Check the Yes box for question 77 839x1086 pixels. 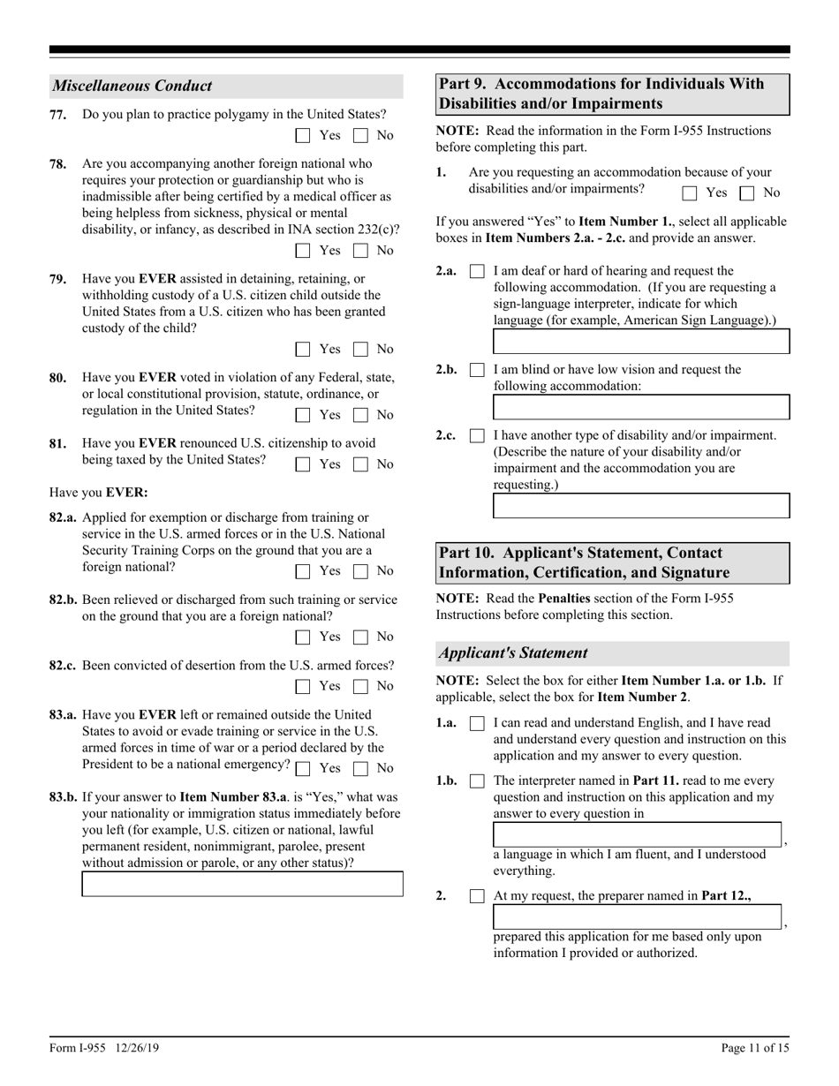tap(303, 136)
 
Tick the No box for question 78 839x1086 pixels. tap(360, 251)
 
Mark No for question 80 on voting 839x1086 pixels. tap(360, 415)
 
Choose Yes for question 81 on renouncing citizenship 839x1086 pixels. tap(303, 464)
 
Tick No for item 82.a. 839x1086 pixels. tap(360, 571)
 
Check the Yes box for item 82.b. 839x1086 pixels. tap(303, 637)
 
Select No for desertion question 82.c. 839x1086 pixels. tap(360, 686)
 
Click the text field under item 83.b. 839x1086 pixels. tap(242, 884)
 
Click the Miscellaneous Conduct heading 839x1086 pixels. tap(132, 87)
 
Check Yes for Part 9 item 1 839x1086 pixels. tap(691, 192)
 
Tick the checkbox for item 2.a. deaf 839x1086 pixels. tap(477, 272)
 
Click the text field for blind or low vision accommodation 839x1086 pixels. tap(640, 407)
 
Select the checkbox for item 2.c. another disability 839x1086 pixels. tap(477, 436)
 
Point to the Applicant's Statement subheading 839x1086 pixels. tap(513, 653)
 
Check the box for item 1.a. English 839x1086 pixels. tap(477, 723)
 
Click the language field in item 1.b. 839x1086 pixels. tap(637, 834)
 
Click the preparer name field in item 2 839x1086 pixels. tap(637, 917)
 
